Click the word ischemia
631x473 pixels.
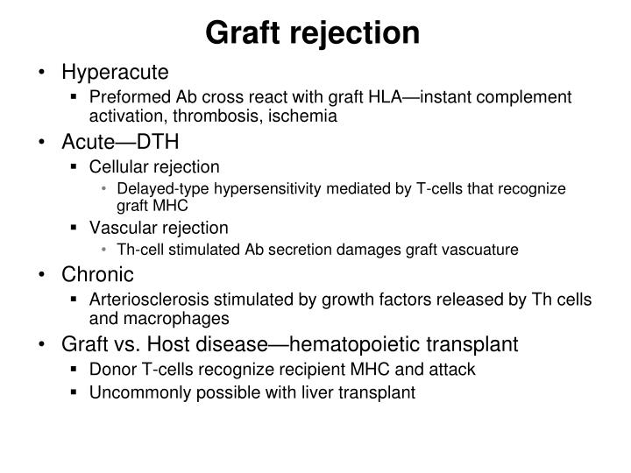(305, 115)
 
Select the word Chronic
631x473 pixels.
(97, 274)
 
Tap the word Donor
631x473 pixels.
(110, 370)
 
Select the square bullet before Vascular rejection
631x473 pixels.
(75, 228)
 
